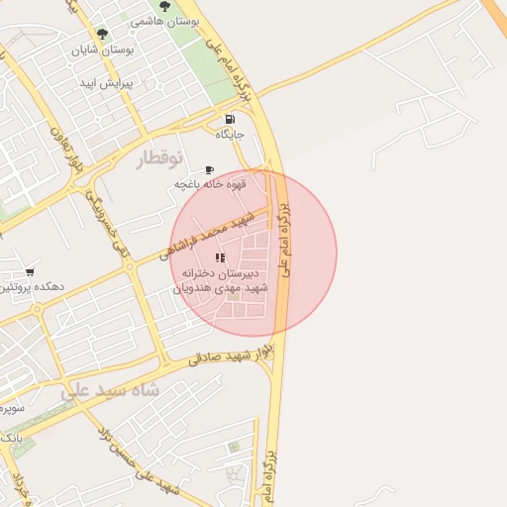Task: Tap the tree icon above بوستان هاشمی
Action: tap(163, 6)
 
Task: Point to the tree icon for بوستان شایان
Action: tap(102, 34)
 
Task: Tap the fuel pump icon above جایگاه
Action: tap(230, 120)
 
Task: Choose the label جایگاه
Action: tap(230, 135)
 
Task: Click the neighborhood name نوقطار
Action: tap(158, 158)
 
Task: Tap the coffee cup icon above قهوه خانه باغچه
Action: tap(208, 170)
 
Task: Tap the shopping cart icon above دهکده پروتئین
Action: tap(30, 271)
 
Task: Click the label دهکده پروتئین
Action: tap(32, 286)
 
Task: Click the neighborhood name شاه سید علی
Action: tap(109, 389)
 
